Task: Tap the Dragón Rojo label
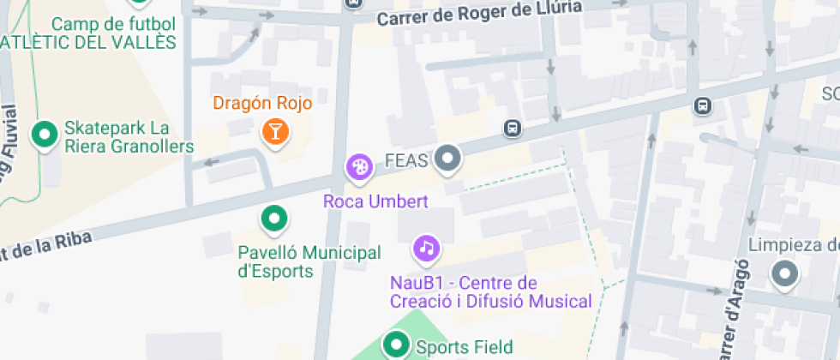[262, 104]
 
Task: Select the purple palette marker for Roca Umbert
[360, 167]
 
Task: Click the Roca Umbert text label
[375, 201]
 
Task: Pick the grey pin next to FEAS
[447, 159]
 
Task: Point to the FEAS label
[407, 160]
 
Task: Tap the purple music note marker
[426, 249]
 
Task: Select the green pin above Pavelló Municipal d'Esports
[274, 219]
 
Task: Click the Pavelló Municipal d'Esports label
[309, 261]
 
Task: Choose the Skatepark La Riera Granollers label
[129, 137]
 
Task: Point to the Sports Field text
[464, 347]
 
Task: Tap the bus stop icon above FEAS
[513, 128]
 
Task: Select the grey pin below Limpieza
[783, 275]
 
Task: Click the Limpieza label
[793, 245]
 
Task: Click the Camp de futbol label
[112, 24]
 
